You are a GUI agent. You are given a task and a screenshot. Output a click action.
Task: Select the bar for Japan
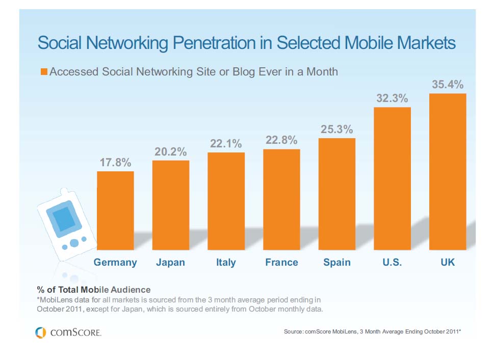point(171,205)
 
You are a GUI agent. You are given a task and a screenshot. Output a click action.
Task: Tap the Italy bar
point(226,201)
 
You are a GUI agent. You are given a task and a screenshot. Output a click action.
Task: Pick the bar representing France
point(281,199)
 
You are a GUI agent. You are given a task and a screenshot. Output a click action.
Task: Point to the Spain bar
point(336,194)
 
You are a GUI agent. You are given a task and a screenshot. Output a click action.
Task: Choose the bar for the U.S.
point(392,179)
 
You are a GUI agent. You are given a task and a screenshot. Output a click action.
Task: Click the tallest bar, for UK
point(448,172)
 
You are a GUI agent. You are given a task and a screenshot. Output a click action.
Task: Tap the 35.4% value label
point(448,84)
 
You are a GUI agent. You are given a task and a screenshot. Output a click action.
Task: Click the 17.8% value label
point(115,163)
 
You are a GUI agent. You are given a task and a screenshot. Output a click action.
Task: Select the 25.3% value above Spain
point(336,130)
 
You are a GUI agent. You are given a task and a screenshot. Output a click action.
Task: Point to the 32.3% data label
point(392,98)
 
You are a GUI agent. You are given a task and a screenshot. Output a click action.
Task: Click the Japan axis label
point(171,263)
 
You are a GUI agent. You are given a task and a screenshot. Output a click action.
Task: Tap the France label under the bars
point(281,263)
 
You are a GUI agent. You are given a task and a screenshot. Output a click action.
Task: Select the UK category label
point(448,263)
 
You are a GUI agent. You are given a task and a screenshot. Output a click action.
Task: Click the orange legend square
point(44,72)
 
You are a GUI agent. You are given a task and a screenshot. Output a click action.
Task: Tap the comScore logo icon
point(40,332)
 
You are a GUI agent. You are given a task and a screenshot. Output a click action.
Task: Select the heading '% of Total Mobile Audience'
point(93,290)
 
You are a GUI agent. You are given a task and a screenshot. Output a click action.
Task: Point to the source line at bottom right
point(372,332)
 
